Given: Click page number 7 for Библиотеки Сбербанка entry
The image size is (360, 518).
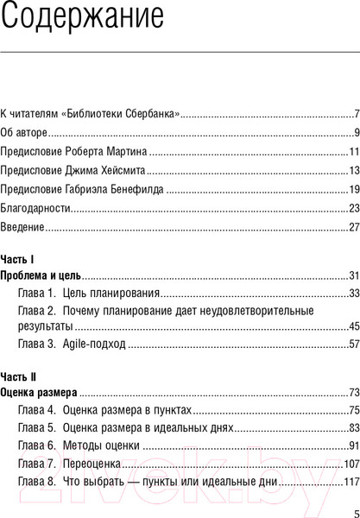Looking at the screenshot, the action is tap(356, 114).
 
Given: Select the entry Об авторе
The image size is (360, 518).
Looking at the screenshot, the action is tap(23, 133).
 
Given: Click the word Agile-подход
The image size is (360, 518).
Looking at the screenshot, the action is tap(94, 344).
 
